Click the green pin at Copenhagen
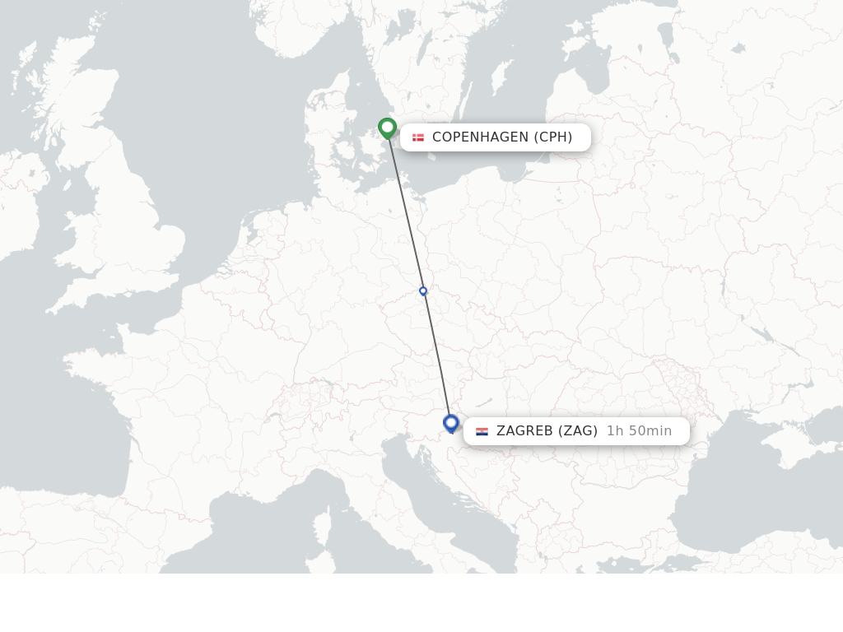387,128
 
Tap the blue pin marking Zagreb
450,423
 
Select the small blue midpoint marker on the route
423,290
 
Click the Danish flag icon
418,137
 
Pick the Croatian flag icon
482,431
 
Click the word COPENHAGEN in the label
480,137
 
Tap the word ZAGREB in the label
524,431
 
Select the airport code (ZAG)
578,431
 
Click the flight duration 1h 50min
639,431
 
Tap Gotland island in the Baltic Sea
500,77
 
